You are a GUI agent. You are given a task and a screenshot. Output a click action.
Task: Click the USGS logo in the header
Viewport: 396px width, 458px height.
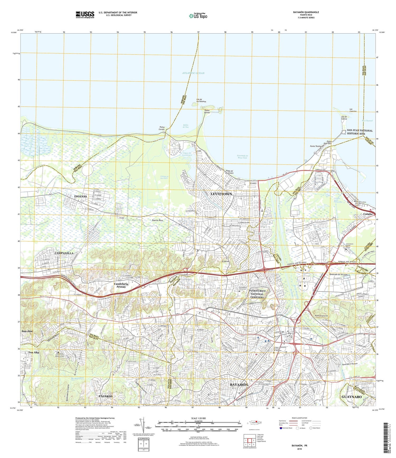pyautogui.click(x=85, y=15)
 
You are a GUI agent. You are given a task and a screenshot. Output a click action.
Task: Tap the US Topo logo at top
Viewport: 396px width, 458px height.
pyautogui.click(x=198, y=16)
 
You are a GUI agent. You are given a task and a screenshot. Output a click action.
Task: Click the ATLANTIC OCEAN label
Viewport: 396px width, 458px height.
pyautogui.click(x=194, y=73)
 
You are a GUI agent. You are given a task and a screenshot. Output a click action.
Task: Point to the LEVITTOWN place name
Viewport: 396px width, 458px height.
pyautogui.click(x=221, y=194)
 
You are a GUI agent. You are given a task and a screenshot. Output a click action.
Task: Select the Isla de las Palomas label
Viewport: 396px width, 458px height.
pyautogui.click(x=201, y=100)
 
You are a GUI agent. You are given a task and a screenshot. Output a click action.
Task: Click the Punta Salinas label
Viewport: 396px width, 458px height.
pyautogui.click(x=207, y=112)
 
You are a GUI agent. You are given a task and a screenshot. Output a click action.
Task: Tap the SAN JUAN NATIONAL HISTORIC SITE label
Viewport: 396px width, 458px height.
pyautogui.click(x=360, y=132)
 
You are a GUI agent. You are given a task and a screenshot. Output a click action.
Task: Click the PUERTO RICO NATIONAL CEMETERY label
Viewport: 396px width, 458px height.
pyautogui.click(x=257, y=294)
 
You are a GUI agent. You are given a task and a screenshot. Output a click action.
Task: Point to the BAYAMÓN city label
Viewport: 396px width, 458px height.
pyautogui.click(x=239, y=385)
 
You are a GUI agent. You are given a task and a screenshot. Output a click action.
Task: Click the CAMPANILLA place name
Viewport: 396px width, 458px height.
pyautogui.click(x=64, y=253)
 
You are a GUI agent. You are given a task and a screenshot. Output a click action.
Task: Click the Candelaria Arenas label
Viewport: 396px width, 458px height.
pyautogui.click(x=121, y=285)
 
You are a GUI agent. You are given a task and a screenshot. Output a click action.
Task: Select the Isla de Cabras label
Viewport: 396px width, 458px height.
pyautogui.click(x=344, y=118)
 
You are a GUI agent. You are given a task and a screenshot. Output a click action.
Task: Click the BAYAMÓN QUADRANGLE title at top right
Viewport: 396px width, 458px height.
pyautogui.click(x=306, y=12)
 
